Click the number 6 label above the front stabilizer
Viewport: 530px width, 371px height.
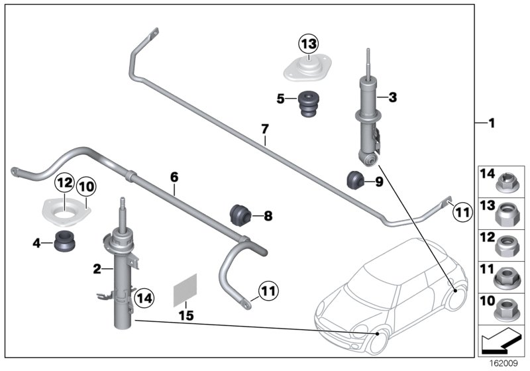tap(174, 177)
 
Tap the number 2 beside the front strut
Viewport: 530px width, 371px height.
tap(97, 268)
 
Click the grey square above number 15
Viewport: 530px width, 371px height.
tap(185, 291)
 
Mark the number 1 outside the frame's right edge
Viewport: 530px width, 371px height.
tap(491, 123)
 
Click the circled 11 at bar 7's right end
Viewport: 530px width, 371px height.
tap(462, 212)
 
